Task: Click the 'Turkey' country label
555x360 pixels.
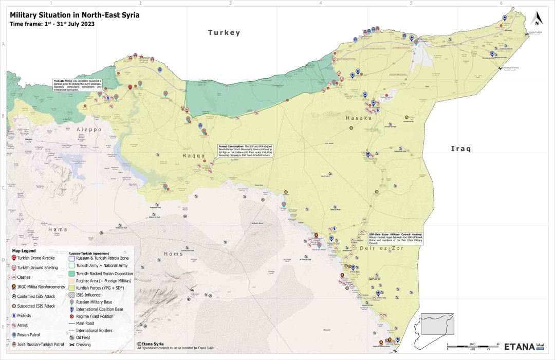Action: [224, 33]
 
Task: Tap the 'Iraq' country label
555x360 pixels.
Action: [461, 149]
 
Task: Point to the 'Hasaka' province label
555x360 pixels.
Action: [359, 118]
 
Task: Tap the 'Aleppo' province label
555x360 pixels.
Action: [89, 130]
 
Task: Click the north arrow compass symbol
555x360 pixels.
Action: [537, 19]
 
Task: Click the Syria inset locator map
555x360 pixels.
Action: [438, 324]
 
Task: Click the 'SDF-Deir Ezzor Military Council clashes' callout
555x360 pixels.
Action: [395, 238]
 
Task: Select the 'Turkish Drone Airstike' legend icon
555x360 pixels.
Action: [13, 258]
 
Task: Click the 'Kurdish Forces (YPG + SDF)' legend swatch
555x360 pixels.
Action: [72, 288]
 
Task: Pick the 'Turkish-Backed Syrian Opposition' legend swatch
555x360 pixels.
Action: [72, 274]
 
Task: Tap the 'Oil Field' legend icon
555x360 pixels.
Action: [72, 337]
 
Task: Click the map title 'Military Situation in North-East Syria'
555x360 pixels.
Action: [75, 15]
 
